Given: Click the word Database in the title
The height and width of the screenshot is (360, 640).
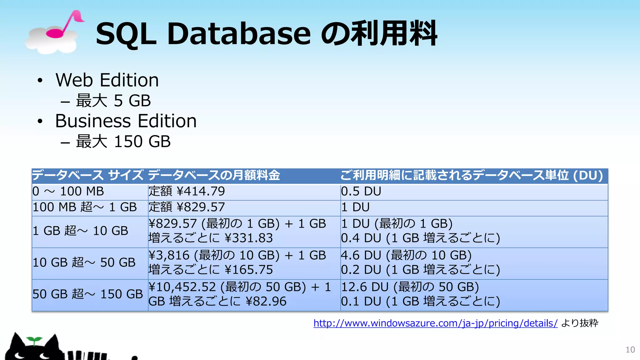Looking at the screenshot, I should point(239,33).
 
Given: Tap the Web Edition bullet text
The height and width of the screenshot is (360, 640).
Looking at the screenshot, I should point(107,80).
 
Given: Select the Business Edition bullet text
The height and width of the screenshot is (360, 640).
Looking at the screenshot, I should point(126,121).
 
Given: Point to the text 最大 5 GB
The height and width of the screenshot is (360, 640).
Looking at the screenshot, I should point(113,101).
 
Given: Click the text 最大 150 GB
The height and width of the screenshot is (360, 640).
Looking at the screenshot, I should point(123,142).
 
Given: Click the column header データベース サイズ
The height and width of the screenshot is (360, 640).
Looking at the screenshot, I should point(88,175).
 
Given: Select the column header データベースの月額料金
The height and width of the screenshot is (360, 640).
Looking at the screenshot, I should point(214,175).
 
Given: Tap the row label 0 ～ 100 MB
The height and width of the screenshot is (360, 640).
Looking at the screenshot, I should point(68,191).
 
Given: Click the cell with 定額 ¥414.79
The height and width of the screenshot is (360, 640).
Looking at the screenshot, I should point(187,191).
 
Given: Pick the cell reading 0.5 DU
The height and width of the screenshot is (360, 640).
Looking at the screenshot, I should point(361,191).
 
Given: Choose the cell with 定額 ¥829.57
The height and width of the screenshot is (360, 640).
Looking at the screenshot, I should point(187,207).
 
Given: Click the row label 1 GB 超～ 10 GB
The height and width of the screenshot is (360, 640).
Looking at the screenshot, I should point(80,231).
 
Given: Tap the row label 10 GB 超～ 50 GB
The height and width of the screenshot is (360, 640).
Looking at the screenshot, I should point(84,262).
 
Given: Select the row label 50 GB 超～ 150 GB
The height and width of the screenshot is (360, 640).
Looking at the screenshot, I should point(87,294).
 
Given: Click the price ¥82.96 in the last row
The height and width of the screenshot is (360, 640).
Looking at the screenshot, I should point(266,301).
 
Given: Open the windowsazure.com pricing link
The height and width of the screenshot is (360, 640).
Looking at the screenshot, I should point(435,323).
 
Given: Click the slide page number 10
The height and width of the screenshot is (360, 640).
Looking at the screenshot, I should point(630,350).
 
